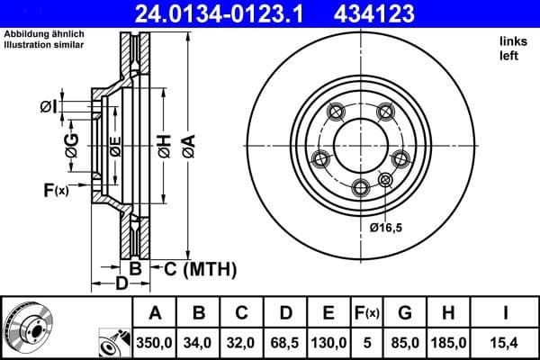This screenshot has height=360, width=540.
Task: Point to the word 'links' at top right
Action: [x=513, y=41]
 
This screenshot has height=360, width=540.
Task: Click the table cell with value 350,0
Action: [x=155, y=343]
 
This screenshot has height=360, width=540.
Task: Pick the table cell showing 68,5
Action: [x=286, y=343]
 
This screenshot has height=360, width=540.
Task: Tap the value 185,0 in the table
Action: [x=448, y=343]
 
